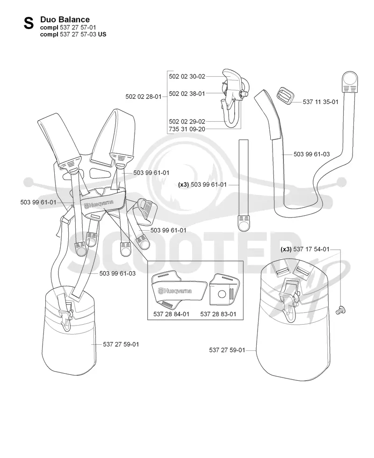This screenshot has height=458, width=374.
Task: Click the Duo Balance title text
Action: (65, 20)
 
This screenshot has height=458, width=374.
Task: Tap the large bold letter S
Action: (29, 23)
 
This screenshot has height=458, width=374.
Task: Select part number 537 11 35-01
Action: (320, 102)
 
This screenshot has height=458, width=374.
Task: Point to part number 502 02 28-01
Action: (144, 96)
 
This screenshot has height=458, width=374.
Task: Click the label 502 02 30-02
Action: (187, 77)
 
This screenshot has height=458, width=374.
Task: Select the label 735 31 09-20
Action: (187, 129)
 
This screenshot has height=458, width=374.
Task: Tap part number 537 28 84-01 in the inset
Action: (171, 314)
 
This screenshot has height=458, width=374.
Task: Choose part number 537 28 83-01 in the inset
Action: (218, 314)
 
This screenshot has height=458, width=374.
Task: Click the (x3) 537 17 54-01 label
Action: (305, 249)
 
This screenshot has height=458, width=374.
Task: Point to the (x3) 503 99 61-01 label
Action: (202, 185)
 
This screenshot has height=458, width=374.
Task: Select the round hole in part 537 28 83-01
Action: (222, 293)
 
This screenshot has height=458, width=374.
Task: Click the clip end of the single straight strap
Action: (244, 223)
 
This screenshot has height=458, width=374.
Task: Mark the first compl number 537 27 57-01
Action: (78, 28)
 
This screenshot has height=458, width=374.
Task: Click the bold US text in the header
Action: (102, 35)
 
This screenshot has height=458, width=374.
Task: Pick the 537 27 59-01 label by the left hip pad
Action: (121, 344)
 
